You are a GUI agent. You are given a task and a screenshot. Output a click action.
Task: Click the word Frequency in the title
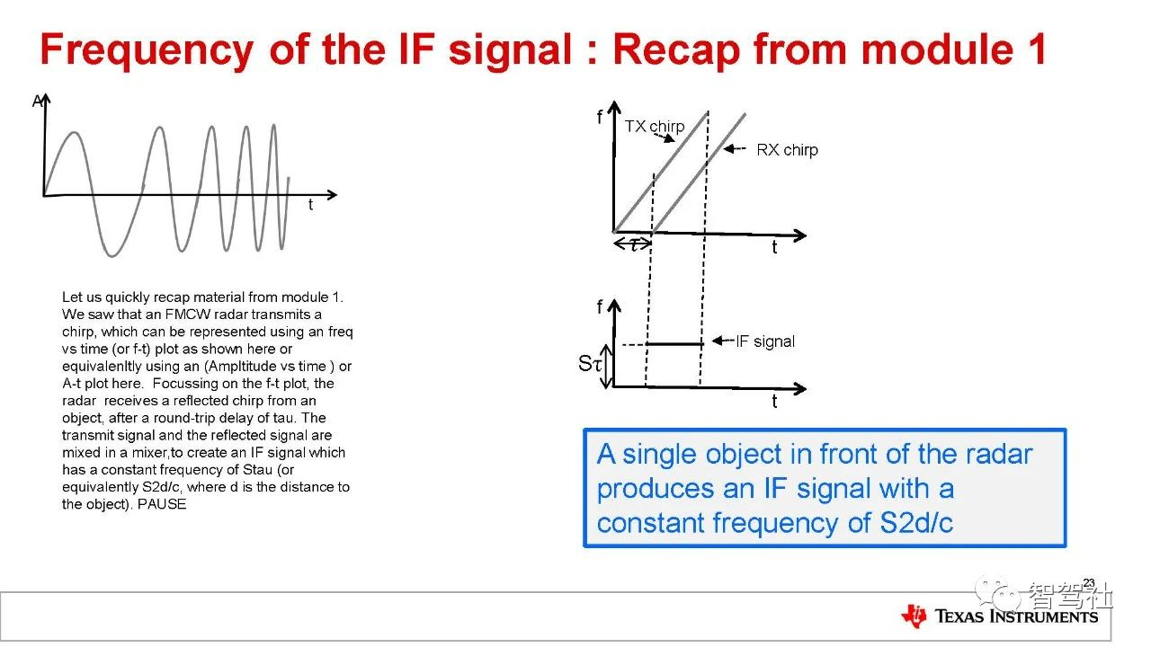147,50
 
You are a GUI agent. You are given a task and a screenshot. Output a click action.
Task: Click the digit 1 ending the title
1037,49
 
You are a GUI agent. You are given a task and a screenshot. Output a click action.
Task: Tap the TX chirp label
655,127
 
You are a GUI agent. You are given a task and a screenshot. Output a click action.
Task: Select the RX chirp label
787,150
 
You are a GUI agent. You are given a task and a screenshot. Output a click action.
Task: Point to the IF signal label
765,341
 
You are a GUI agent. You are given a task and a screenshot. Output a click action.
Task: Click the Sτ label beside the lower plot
589,364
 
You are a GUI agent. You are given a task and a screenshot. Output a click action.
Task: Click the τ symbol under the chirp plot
634,244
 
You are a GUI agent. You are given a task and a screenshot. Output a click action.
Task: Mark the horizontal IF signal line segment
674,343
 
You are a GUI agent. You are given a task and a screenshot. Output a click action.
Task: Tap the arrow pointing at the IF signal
724,341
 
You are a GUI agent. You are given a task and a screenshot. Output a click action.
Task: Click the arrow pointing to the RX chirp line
735,149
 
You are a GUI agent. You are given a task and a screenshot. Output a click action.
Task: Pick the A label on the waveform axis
37,102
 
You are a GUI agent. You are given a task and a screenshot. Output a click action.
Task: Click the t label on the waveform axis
310,205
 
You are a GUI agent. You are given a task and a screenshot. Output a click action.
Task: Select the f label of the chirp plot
599,117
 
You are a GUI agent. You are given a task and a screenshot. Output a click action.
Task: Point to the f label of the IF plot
599,307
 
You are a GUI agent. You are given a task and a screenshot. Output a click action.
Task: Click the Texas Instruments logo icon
915,616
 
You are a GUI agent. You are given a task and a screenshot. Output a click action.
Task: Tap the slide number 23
1089,583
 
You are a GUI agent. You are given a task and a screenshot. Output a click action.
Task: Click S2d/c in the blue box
916,523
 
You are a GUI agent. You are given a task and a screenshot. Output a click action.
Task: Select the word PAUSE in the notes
162,504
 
